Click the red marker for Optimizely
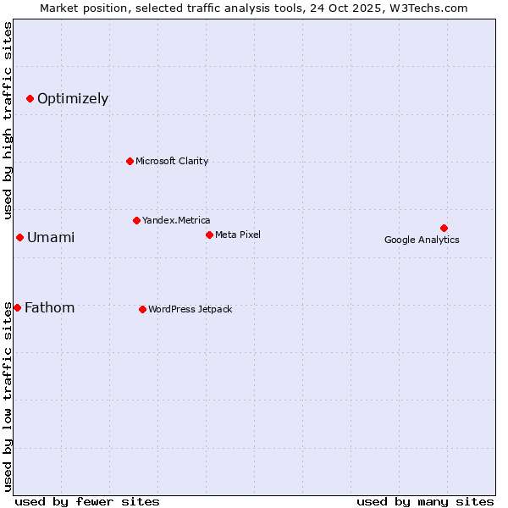pyautogui.click(x=30, y=99)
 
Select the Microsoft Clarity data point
pyautogui.click(x=130, y=161)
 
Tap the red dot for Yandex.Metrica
pyautogui.click(x=136, y=220)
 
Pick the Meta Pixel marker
pyautogui.click(x=209, y=235)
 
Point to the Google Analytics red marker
pyautogui.click(x=444, y=228)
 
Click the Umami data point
pyautogui.click(x=19, y=237)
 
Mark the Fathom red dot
pyautogui.click(x=17, y=307)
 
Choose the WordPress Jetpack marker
pyautogui.click(x=142, y=309)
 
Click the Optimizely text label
pyautogui.click(x=73, y=99)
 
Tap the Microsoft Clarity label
pyautogui.click(x=172, y=162)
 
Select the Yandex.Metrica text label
pyautogui.click(x=176, y=221)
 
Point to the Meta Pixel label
pyautogui.click(x=238, y=235)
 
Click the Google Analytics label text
pyautogui.click(x=422, y=240)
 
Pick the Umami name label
pyautogui.click(x=51, y=238)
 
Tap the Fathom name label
pyautogui.click(x=50, y=308)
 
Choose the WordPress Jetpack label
pyautogui.click(x=190, y=310)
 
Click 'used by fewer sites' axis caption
pyautogui.click(x=87, y=501)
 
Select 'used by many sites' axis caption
pyautogui.click(x=425, y=501)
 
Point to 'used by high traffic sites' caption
pyautogui.click(x=8, y=118)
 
